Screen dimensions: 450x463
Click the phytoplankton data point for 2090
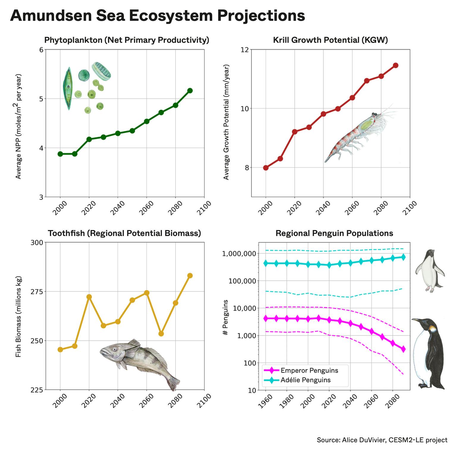[x=190, y=91]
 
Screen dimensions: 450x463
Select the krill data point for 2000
[x=266, y=168]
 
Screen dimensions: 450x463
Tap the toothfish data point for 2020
[x=89, y=297]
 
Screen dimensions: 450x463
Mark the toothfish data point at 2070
[x=161, y=334]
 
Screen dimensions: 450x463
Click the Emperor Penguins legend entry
[x=309, y=370]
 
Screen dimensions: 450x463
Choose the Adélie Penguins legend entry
[x=305, y=380]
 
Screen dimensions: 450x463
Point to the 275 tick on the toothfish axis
[x=37, y=292]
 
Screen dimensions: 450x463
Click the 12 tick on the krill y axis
[x=245, y=50]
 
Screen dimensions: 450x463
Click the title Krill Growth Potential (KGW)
[x=330, y=40]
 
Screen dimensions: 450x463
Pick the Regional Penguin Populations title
[x=334, y=233]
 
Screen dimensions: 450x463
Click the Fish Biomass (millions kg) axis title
[x=18, y=317]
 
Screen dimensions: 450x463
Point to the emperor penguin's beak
[x=416, y=320]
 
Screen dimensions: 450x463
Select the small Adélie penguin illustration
[x=430, y=270]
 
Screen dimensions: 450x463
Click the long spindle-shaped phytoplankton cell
[x=68, y=88]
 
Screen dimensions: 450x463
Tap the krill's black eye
[x=374, y=114]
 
